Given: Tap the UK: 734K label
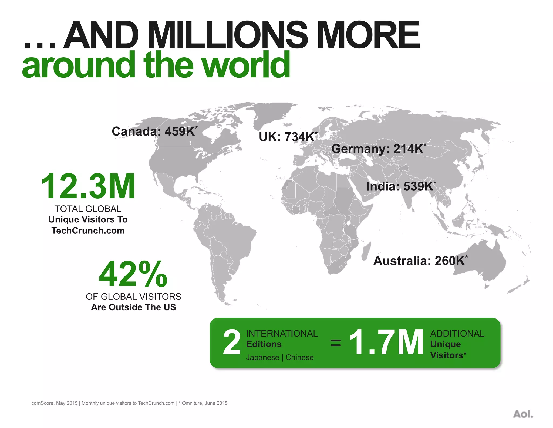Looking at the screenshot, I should coord(288,137).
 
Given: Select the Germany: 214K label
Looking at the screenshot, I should coord(378,149).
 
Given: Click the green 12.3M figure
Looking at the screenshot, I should coord(88,186).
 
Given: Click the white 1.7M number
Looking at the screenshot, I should coord(386,343).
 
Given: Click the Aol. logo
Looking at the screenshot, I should coord(523,414).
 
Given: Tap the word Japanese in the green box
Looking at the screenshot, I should coord(262,357).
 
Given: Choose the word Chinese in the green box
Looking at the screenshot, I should coord(299,357).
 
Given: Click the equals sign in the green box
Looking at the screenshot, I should coord(335,343).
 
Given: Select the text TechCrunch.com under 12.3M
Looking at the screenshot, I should coord(88,231).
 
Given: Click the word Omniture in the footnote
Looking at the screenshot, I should coord(192,403).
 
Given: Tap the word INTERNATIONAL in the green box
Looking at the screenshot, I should coord(282,334).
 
